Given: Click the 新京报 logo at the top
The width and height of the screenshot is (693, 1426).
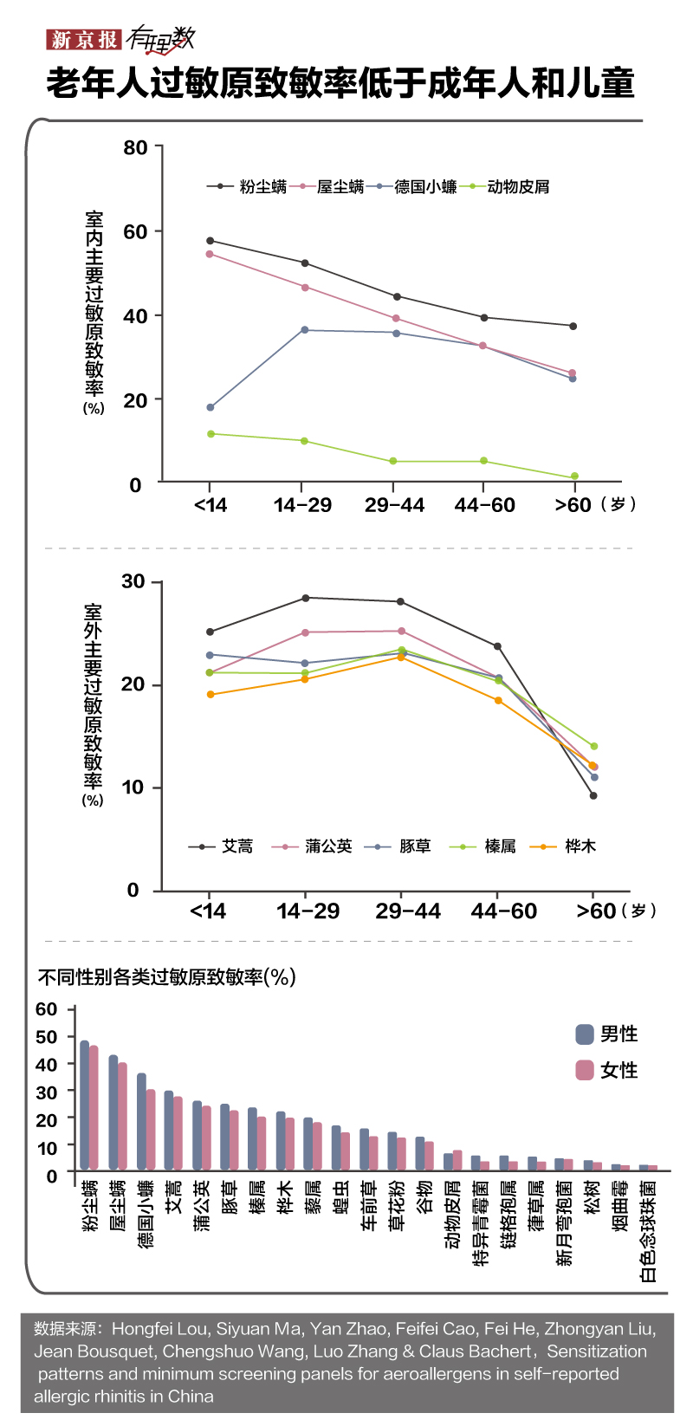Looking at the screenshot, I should tap(83, 39).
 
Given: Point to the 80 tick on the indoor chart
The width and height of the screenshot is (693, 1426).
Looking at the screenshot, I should tap(136, 147).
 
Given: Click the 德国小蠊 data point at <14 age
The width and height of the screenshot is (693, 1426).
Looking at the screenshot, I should tap(210, 407).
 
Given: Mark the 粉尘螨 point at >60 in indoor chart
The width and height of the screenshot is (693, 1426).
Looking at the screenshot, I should tap(573, 326).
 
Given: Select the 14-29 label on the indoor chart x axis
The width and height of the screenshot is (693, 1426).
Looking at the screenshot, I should tap(302, 505).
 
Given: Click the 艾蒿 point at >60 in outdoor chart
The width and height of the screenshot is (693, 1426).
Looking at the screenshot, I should tap(593, 795).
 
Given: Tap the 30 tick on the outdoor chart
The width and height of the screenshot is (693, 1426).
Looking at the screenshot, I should tap(133, 581).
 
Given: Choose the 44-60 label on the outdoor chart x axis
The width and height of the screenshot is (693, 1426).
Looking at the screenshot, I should tap(503, 911).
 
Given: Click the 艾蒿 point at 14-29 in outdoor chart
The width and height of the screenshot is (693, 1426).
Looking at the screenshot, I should tap(305, 598).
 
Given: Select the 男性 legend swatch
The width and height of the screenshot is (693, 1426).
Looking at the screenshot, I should tap(585, 1034).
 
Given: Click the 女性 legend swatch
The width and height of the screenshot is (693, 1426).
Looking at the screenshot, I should tap(585, 1070).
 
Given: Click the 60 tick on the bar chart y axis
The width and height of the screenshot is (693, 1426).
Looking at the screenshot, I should tap(47, 1009).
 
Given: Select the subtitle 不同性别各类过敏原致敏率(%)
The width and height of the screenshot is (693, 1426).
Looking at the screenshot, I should tap(167, 977).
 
